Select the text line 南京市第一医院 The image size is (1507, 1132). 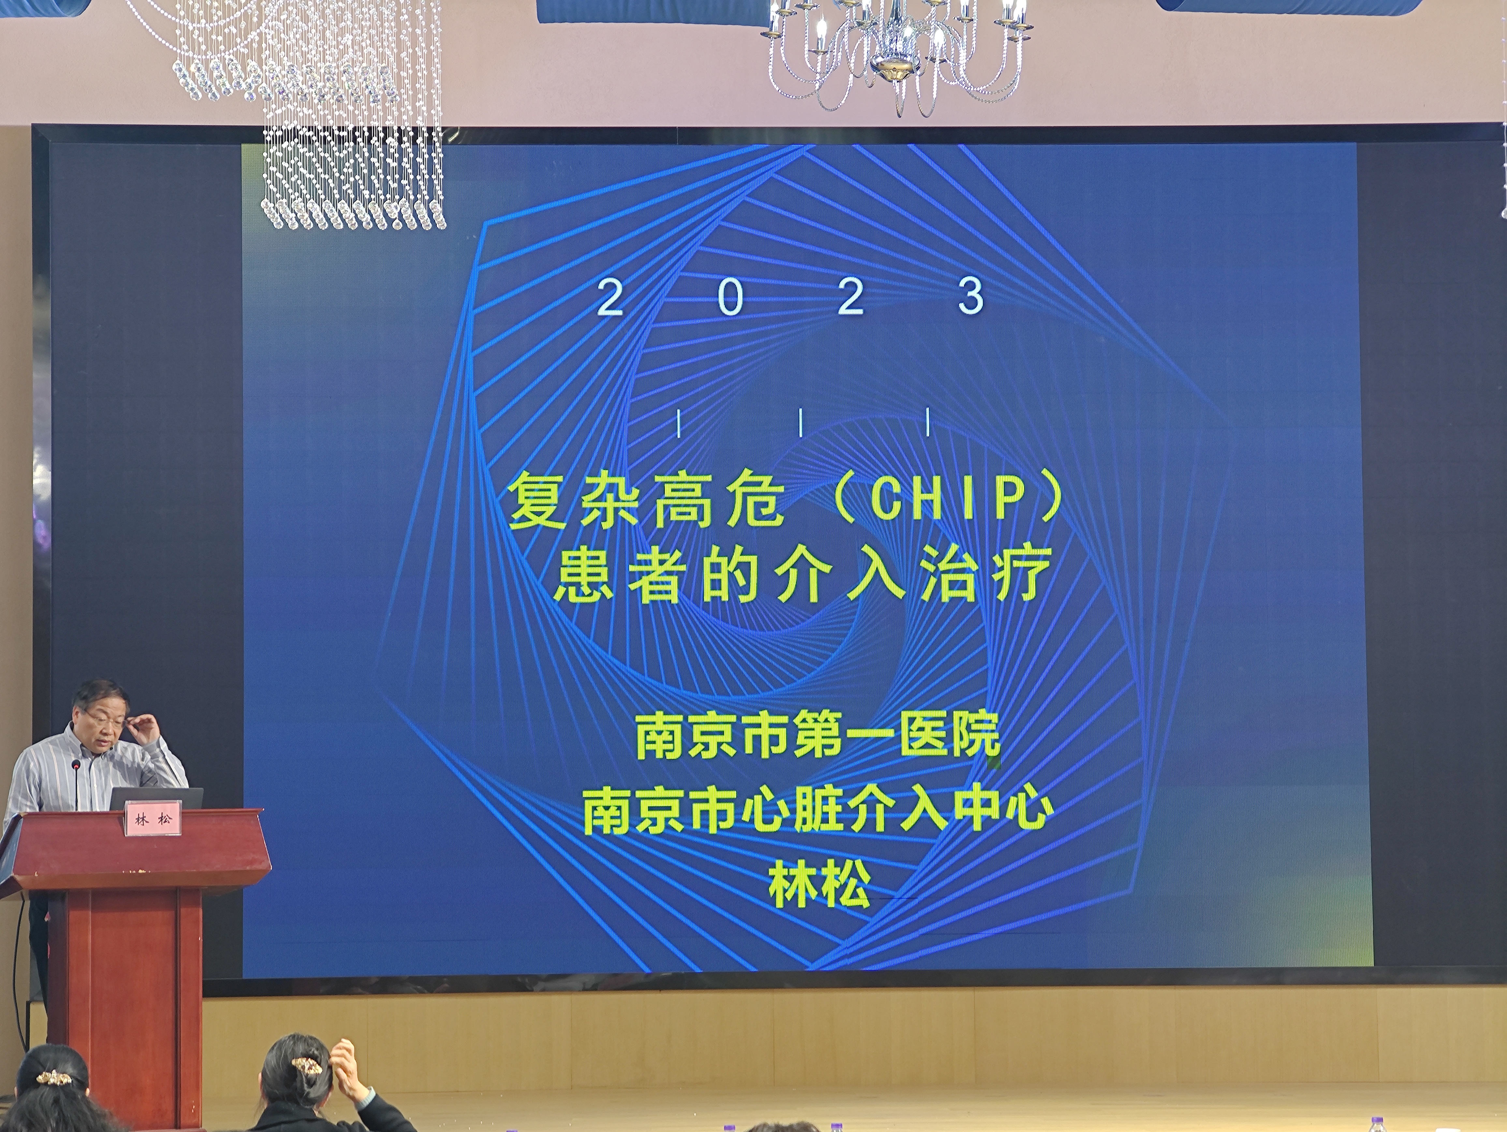817,736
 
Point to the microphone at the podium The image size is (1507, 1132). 76,784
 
